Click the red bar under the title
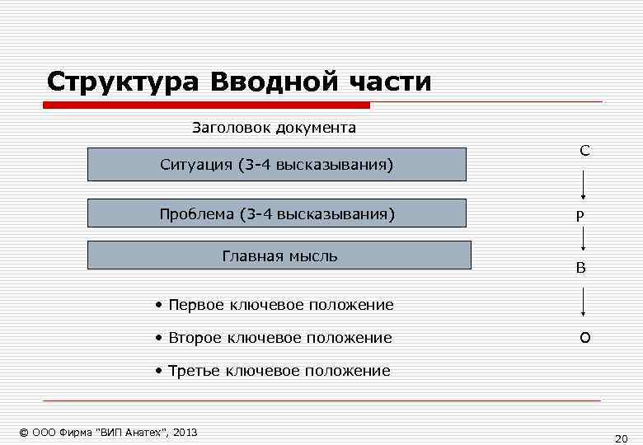206,105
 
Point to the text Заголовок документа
274,128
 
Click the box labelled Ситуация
277,165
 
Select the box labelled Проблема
277,213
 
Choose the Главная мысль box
279,255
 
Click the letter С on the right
584,150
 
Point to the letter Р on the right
580,215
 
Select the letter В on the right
581,268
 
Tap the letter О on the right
584,339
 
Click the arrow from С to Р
584,185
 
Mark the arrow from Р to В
584,239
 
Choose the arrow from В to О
584,302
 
